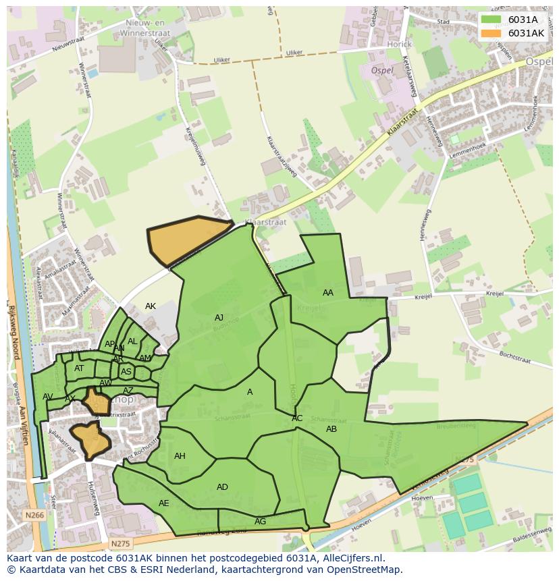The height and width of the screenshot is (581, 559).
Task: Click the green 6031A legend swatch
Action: [x=491, y=20]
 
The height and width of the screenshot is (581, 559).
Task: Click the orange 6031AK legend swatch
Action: [x=491, y=33]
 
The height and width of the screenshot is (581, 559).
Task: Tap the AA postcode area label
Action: [x=328, y=293]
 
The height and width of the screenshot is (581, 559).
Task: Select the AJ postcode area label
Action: [x=219, y=318]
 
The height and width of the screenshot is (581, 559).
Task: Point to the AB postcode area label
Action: [x=331, y=429]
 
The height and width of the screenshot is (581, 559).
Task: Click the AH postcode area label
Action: [x=180, y=456]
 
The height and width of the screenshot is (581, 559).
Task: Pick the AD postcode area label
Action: [x=222, y=487]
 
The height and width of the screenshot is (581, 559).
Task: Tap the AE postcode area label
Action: [x=164, y=503]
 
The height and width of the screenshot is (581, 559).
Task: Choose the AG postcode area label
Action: [x=260, y=522]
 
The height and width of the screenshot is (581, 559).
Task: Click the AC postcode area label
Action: [x=297, y=418]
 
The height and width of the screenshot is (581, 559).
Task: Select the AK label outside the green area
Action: [x=151, y=306]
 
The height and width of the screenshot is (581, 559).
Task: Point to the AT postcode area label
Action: [x=79, y=368]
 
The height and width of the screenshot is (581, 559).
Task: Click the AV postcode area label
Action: [x=47, y=397]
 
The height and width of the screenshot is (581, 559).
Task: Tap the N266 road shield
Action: [x=35, y=516]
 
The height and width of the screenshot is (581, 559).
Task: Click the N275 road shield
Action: [x=120, y=543]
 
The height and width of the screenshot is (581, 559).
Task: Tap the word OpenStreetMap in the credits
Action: [x=367, y=570]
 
